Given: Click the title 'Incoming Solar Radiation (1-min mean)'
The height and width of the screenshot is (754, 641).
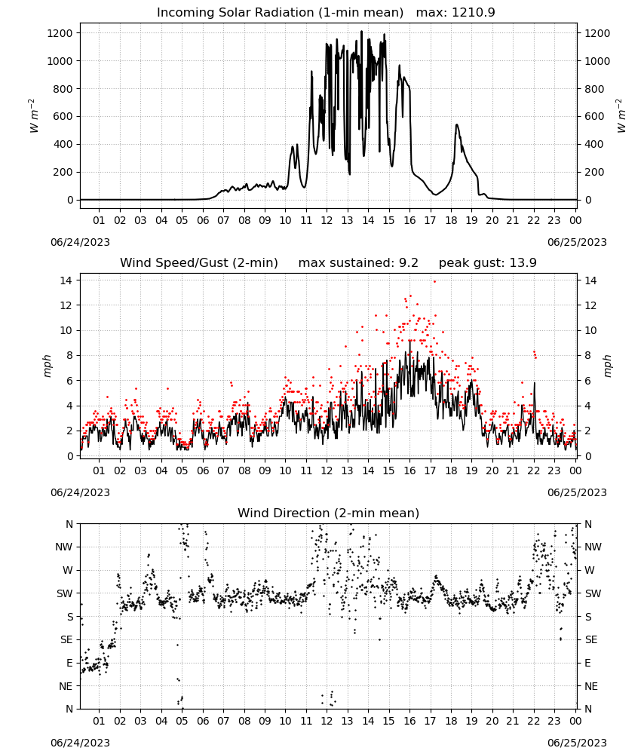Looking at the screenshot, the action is coord(280,13).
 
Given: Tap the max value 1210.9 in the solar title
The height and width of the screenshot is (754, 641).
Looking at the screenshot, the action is coord(473,13).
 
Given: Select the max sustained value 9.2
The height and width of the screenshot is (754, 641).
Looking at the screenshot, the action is coord(408,263).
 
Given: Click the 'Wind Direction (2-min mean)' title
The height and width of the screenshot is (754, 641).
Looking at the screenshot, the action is coord(329,513).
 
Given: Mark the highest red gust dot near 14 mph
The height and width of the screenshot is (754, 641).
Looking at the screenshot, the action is coord(434,282).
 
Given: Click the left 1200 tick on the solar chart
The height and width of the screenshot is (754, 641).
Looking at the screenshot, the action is coord(60,33).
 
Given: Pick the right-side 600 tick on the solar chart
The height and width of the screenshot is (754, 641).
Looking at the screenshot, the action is coord(594,116).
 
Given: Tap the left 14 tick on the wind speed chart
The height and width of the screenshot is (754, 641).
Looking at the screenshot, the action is coord(66,280).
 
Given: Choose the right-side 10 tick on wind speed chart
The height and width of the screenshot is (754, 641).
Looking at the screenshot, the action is coord(590,330).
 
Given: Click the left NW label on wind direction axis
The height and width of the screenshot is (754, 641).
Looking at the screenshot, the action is coord(64,547).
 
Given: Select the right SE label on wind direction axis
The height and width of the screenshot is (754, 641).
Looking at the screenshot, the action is coord(591,639).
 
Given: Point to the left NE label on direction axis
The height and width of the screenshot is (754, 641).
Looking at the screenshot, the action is coord(66,686).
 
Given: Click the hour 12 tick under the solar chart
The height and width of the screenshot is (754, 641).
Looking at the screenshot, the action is coord(327,220).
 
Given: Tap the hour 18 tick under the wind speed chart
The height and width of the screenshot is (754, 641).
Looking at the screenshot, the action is coord(451,470).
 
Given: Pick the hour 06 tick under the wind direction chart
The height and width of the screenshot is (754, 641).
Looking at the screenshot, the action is coord(203,721).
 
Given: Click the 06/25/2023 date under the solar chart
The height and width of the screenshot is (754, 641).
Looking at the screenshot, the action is coord(577,242).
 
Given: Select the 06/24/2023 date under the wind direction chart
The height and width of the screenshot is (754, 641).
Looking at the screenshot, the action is coord(80,743).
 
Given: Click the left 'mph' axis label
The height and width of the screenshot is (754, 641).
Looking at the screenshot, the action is coord(47,366).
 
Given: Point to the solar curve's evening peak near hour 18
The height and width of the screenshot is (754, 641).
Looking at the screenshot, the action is coord(457,125).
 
